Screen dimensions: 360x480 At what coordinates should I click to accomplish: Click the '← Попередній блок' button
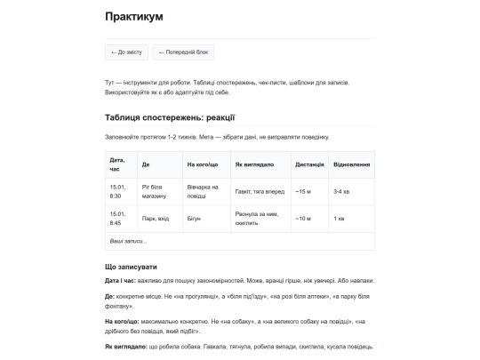[182, 52]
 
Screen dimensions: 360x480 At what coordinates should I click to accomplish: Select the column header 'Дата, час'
[117, 164]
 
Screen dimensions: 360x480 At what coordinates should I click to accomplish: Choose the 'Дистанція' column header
[309, 164]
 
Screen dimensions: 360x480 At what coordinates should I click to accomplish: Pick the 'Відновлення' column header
[351, 164]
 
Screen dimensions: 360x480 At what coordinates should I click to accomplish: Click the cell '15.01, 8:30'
[117, 191]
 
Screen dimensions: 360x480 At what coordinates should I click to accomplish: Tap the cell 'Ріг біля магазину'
[154, 191]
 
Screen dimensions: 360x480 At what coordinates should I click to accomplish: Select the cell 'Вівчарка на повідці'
[203, 191]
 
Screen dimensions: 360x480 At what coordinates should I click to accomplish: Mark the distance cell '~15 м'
[304, 191]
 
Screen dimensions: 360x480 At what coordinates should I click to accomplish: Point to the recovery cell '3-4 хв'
[341, 191]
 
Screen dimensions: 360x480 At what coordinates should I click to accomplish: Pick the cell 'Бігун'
[195, 219]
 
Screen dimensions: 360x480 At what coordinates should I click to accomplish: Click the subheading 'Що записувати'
[132, 267]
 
